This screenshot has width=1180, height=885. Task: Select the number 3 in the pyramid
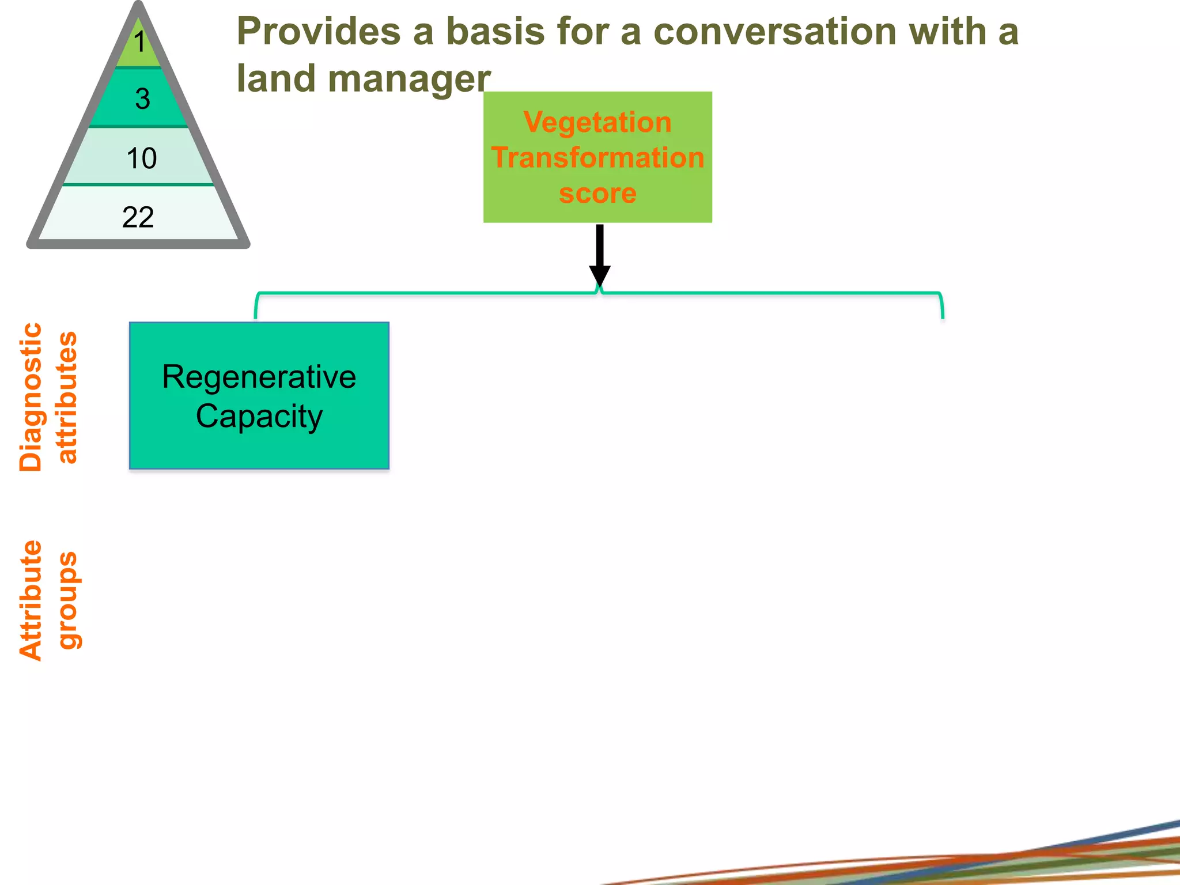[142, 99]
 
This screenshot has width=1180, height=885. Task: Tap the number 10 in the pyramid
[141, 158]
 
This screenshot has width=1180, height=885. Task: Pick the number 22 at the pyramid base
[138, 217]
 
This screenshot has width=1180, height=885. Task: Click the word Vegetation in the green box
[597, 122]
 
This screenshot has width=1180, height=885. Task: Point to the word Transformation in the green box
[597, 157]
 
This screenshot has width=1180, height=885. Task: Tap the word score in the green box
[597, 193]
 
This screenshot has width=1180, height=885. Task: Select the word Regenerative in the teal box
[259, 377]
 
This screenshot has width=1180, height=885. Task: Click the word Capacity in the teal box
[259, 416]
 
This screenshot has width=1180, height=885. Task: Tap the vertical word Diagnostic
[31, 397]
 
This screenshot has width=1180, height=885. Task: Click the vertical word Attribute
[31, 600]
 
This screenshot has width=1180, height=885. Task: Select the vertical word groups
[68, 600]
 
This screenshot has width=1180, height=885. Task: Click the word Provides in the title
[319, 31]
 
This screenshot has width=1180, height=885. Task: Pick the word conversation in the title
[775, 31]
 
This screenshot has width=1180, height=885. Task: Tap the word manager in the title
[409, 78]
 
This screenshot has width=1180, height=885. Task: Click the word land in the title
[275, 78]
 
